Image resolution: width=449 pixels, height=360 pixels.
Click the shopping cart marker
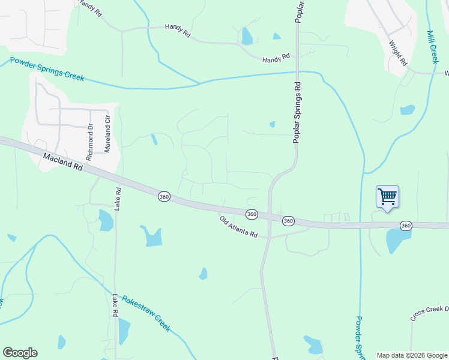coord(387,197)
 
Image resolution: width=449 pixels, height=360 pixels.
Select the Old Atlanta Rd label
coord(238,227)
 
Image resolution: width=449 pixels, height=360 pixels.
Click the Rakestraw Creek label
coord(146,313)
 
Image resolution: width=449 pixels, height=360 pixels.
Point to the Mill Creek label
coord(432,47)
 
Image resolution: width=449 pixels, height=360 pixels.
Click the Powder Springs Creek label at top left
coord(47,70)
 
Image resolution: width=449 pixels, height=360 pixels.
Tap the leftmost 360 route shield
coord(164,196)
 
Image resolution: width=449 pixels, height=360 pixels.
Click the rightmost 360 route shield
coord(406,225)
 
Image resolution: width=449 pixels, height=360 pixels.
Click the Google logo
coord(20,353)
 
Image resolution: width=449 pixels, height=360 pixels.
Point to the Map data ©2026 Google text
coord(412,355)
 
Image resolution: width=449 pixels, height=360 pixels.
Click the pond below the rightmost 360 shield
coord(398,240)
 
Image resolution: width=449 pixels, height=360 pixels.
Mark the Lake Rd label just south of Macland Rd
coord(118,199)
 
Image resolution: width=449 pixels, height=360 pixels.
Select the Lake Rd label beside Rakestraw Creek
coord(115,305)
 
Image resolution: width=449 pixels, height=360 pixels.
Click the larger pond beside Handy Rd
coord(246,37)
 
